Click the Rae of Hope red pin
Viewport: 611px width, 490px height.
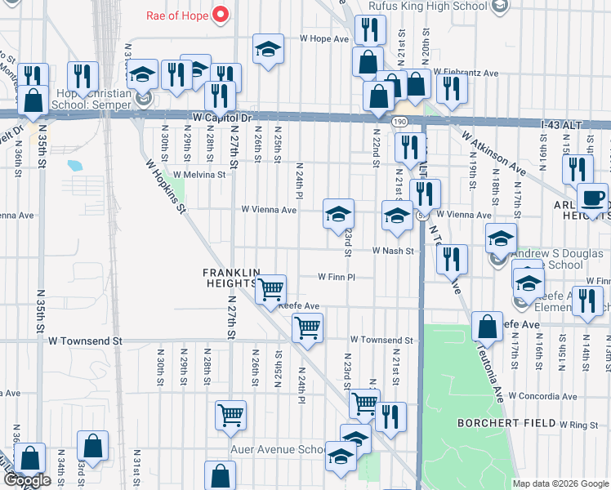tap(220, 14)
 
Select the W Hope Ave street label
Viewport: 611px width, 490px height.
tap(324, 38)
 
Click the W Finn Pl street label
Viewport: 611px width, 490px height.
tap(337, 277)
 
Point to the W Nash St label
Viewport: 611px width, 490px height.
tap(395, 251)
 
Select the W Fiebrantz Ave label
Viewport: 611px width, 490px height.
tap(466, 73)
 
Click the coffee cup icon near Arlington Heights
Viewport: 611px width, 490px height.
tap(592, 198)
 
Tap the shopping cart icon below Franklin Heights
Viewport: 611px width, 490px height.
tap(270, 287)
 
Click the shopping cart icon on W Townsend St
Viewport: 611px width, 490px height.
tap(307, 328)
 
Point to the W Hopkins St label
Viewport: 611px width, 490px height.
tap(167, 187)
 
